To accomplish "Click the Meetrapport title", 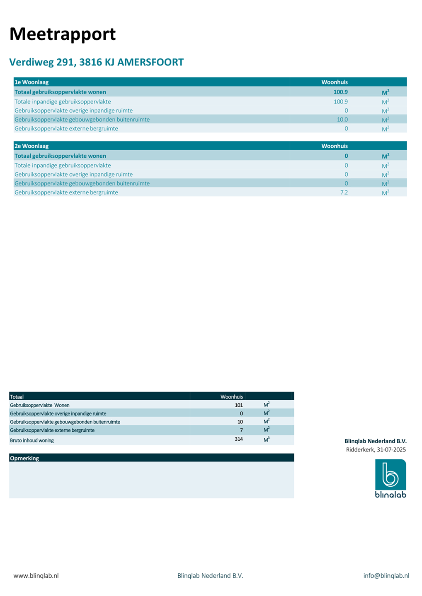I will [x=63, y=34].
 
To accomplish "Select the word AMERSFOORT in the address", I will [x=150, y=62].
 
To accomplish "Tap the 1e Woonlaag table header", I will [x=32, y=82].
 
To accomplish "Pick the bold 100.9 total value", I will [x=340, y=92].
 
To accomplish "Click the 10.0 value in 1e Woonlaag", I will [x=342, y=120].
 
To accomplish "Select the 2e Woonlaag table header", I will [x=32, y=146].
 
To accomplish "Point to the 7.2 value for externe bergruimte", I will [x=344, y=192].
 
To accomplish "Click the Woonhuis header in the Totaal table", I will [x=231, y=397].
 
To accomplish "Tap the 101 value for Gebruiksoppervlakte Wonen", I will [x=238, y=405].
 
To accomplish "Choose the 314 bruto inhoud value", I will [x=238, y=439].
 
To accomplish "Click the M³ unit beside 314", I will [x=267, y=440].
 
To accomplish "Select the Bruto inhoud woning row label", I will [x=32, y=440].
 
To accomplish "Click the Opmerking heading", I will [x=24, y=458].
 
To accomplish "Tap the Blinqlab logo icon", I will [x=390, y=475].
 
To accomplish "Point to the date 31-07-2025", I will [x=391, y=449].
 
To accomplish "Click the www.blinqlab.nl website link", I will [x=36, y=576].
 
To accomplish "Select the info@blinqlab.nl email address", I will [x=386, y=576].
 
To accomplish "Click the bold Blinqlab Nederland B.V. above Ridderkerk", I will [x=375, y=441].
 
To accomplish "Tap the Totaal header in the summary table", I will [x=17, y=397].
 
